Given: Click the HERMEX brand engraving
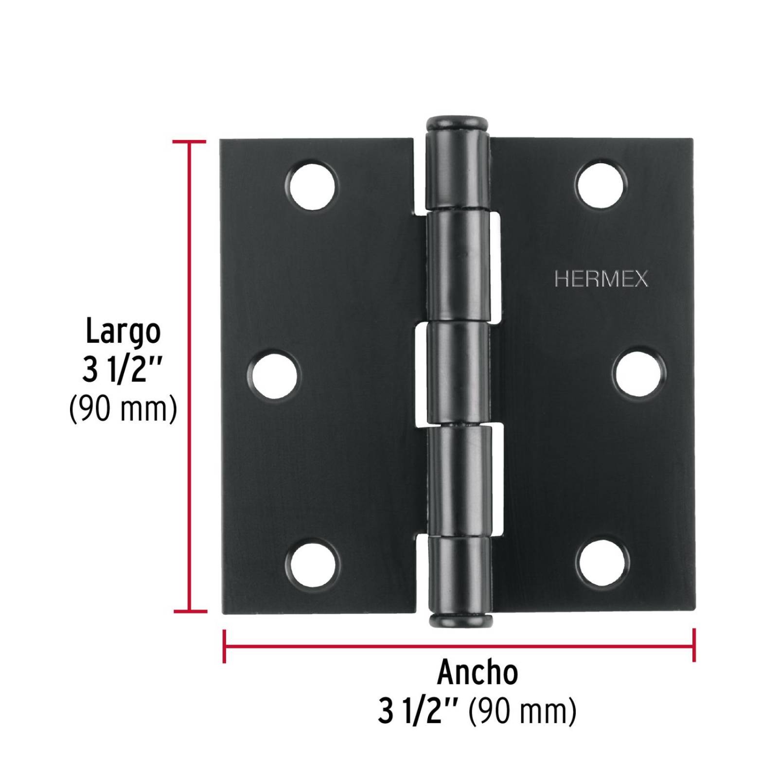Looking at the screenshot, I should pos(601,280).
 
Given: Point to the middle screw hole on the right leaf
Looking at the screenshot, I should pos(638,373).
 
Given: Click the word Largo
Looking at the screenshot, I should pos(123,332).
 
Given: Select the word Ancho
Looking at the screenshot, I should pos(477,673).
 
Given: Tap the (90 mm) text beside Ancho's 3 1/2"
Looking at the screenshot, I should pos(522,712).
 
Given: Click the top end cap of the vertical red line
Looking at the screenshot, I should pos(189,141).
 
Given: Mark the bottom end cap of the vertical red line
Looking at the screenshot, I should pos(190,611).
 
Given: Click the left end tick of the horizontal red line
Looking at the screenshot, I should pos(224,646).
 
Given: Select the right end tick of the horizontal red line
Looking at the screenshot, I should pos(693,646).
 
